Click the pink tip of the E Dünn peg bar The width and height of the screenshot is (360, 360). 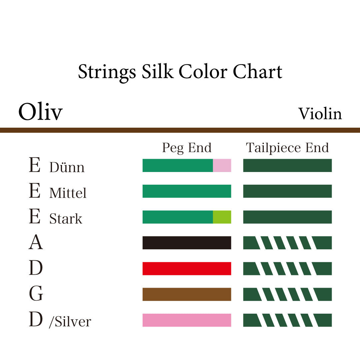coord(222,165)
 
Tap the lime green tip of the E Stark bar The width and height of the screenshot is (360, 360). coord(222,217)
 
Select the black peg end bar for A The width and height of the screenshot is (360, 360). coord(187,243)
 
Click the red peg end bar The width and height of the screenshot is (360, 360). coord(187,269)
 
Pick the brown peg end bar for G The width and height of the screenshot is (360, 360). coord(187,294)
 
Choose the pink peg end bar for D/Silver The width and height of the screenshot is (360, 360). coord(187,320)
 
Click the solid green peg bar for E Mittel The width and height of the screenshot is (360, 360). coord(187,191)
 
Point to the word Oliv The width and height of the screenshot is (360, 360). coord(40,112)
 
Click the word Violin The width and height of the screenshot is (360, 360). coord(320,114)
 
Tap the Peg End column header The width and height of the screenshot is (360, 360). coord(187,148)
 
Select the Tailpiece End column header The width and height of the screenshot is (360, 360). coord(287,148)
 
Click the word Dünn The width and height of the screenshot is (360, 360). coord(67,167)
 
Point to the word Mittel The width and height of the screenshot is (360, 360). coord(68,193)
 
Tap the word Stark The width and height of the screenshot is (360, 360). coord(66,219)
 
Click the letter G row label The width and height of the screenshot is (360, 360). coord(36,294)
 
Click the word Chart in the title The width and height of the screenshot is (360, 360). coord(257,72)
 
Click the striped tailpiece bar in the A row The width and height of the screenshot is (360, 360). coord(287,243)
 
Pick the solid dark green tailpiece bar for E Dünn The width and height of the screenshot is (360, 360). coord(287,165)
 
